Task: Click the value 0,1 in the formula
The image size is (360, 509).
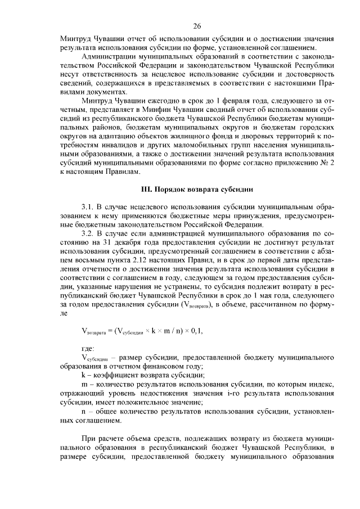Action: click(x=196, y=331)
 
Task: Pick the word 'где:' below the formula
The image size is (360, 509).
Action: click(x=88, y=350)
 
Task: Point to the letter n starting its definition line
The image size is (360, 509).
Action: click(x=83, y=411)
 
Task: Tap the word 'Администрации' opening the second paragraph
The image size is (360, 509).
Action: click(x=109, y=57)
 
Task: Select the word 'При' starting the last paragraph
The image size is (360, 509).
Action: click(x=88, y=438)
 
